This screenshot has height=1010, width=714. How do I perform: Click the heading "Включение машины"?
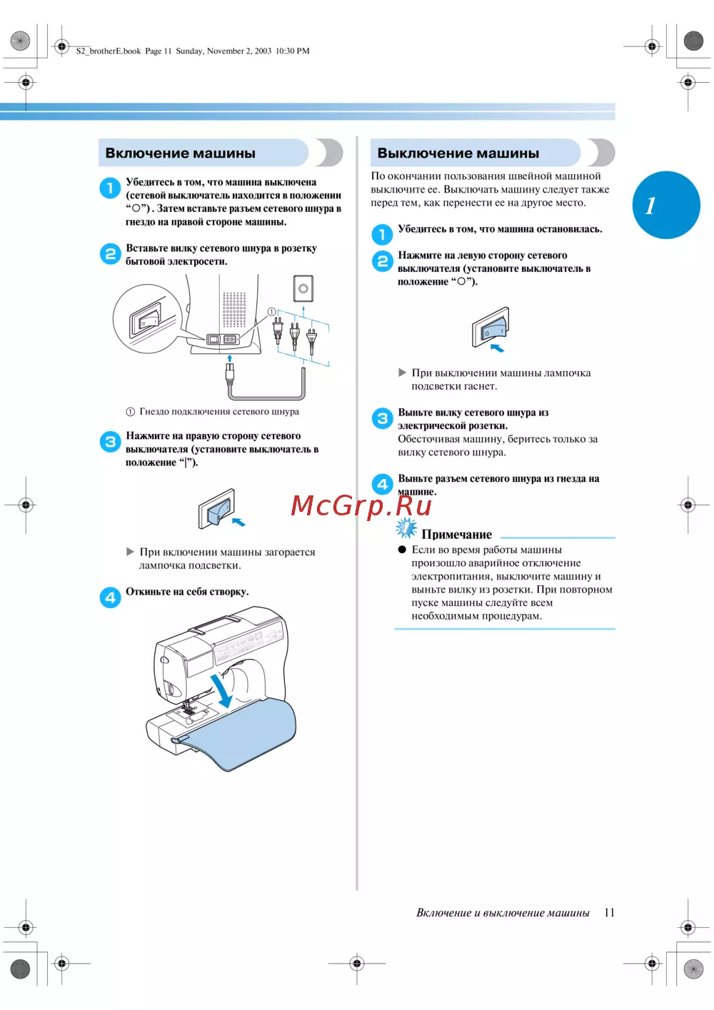coord(180,153)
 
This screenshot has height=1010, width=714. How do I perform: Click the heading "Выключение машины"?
coord(458,153)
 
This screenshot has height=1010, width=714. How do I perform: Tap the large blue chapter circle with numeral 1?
coord(665,205)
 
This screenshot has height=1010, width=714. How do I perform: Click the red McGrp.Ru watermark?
coord(361,505)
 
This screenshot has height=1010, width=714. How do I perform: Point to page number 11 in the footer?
coord(609,912)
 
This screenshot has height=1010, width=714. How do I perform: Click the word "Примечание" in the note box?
coord(456,535)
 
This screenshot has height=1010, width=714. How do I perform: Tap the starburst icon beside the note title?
coord(406,528)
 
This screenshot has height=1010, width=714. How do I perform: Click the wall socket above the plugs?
coord(303,288)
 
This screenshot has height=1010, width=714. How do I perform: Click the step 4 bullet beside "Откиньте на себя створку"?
coord(110,597)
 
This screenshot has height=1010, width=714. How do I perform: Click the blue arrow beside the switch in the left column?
coord(238,522)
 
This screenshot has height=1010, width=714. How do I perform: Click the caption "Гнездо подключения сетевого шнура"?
coord(219,412)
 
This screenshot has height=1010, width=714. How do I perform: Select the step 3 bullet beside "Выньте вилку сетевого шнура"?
coord(383,418)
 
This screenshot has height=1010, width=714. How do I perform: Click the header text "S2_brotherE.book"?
coord(109,51)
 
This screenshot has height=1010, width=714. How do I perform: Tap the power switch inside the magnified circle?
coord(145,319)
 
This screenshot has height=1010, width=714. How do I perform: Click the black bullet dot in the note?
coord(402,549)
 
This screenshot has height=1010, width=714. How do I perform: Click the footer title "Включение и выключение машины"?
coord(503,913)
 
